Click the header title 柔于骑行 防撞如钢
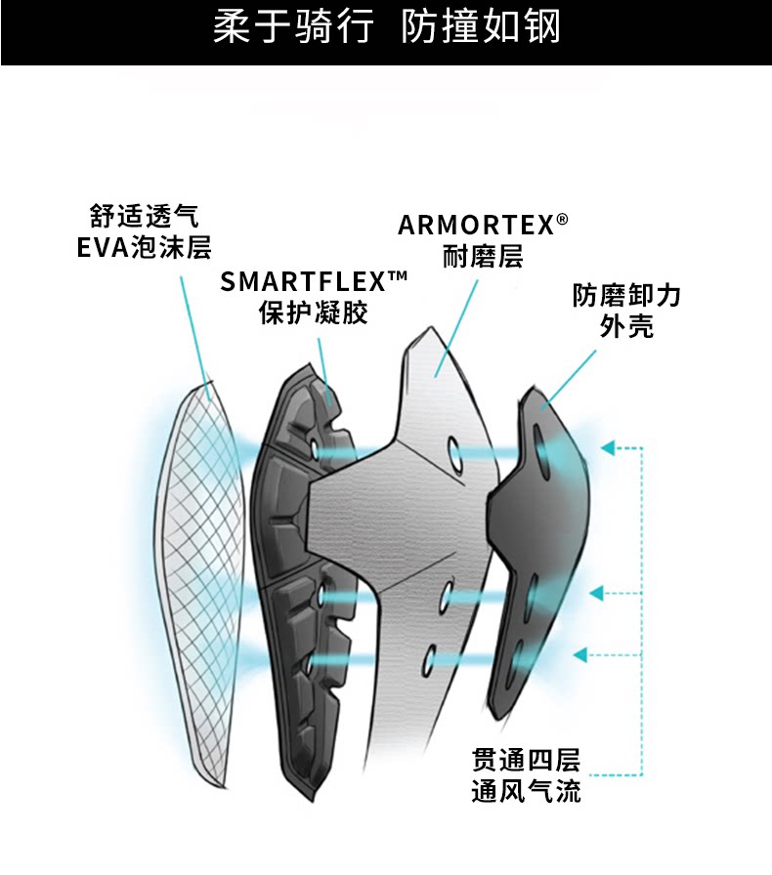386,28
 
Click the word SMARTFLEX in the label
303,282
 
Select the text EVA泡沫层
144,247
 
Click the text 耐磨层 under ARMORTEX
484,257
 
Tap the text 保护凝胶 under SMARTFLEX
314,313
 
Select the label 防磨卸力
626,295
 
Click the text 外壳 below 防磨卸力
626,326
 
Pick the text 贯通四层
526,759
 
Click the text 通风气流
526,791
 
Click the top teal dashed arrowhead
608,448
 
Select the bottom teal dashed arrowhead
579,654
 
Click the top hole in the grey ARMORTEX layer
455,452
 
